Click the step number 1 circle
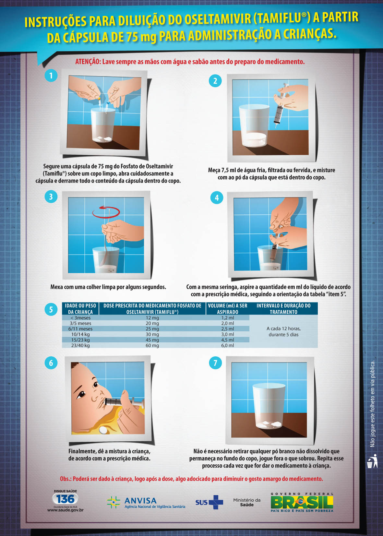click(x=51, y=76)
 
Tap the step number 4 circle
click(x=217, y=198)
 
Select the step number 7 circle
click(x=215, y=363)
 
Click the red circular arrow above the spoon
click(x=106, y=212)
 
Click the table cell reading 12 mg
click(x=152, y=318)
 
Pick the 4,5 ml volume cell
click(x=228, y=340)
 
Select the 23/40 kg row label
click(x=80, y=345)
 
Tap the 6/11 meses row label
click(x=80, y=329)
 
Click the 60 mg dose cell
click(x=152, y=345)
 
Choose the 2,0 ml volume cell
click(x=228, y=323)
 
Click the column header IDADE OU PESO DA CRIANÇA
click(x=80, y=309)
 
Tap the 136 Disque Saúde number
click(x=65, y=499)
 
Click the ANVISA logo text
click(x=140, y=501)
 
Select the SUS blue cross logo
click(x=216, y=502)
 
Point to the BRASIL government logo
click(x=302, y=502)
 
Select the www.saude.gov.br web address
click(x=66, y=510)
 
